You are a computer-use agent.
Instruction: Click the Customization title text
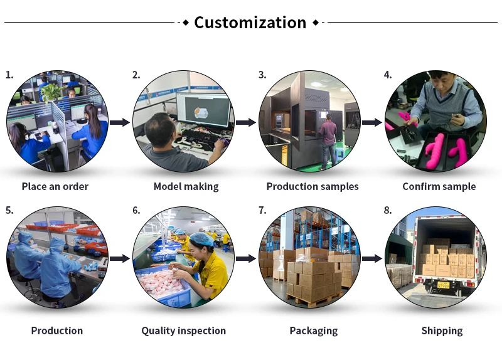pyautogui.click(x=250, y=23)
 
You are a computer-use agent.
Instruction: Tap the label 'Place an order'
pyautogui.click(x=55, y=186)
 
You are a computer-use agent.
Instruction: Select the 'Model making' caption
pyautogui.click(x=186, y=186)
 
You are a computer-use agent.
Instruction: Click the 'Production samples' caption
pyautogui.click(x=312, y=186)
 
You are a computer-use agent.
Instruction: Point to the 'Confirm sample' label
pyautogui.click(x=439, y=186)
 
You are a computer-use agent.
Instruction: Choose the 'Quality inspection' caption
pyautogui.click(x=183, y=331)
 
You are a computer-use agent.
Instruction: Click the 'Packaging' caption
pyautogui.click(x=313, y=331)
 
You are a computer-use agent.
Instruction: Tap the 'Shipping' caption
pyautogui.click(x=442, y=331)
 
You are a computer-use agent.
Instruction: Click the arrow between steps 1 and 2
pyautogui.click(x=119, y=122)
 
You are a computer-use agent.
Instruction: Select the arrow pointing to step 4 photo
pyautogui.click(x=372, y=122)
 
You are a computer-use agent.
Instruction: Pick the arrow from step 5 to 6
pyautogui.click(x=119, y=258)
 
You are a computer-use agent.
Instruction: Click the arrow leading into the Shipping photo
pyautogui.click(x=372, y=258)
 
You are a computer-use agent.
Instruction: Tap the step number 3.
pyautogui.click(x=262, y=75)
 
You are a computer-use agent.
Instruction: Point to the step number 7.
pyautogui.click(x=262, y=210)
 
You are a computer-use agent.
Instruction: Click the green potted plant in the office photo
pyautogui.click(x=51, y=92)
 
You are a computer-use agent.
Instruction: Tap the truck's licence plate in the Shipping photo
pyautogui.click(x=443, y=285)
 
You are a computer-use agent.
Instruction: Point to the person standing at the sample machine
pyautogui.click(x=328, y=141)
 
